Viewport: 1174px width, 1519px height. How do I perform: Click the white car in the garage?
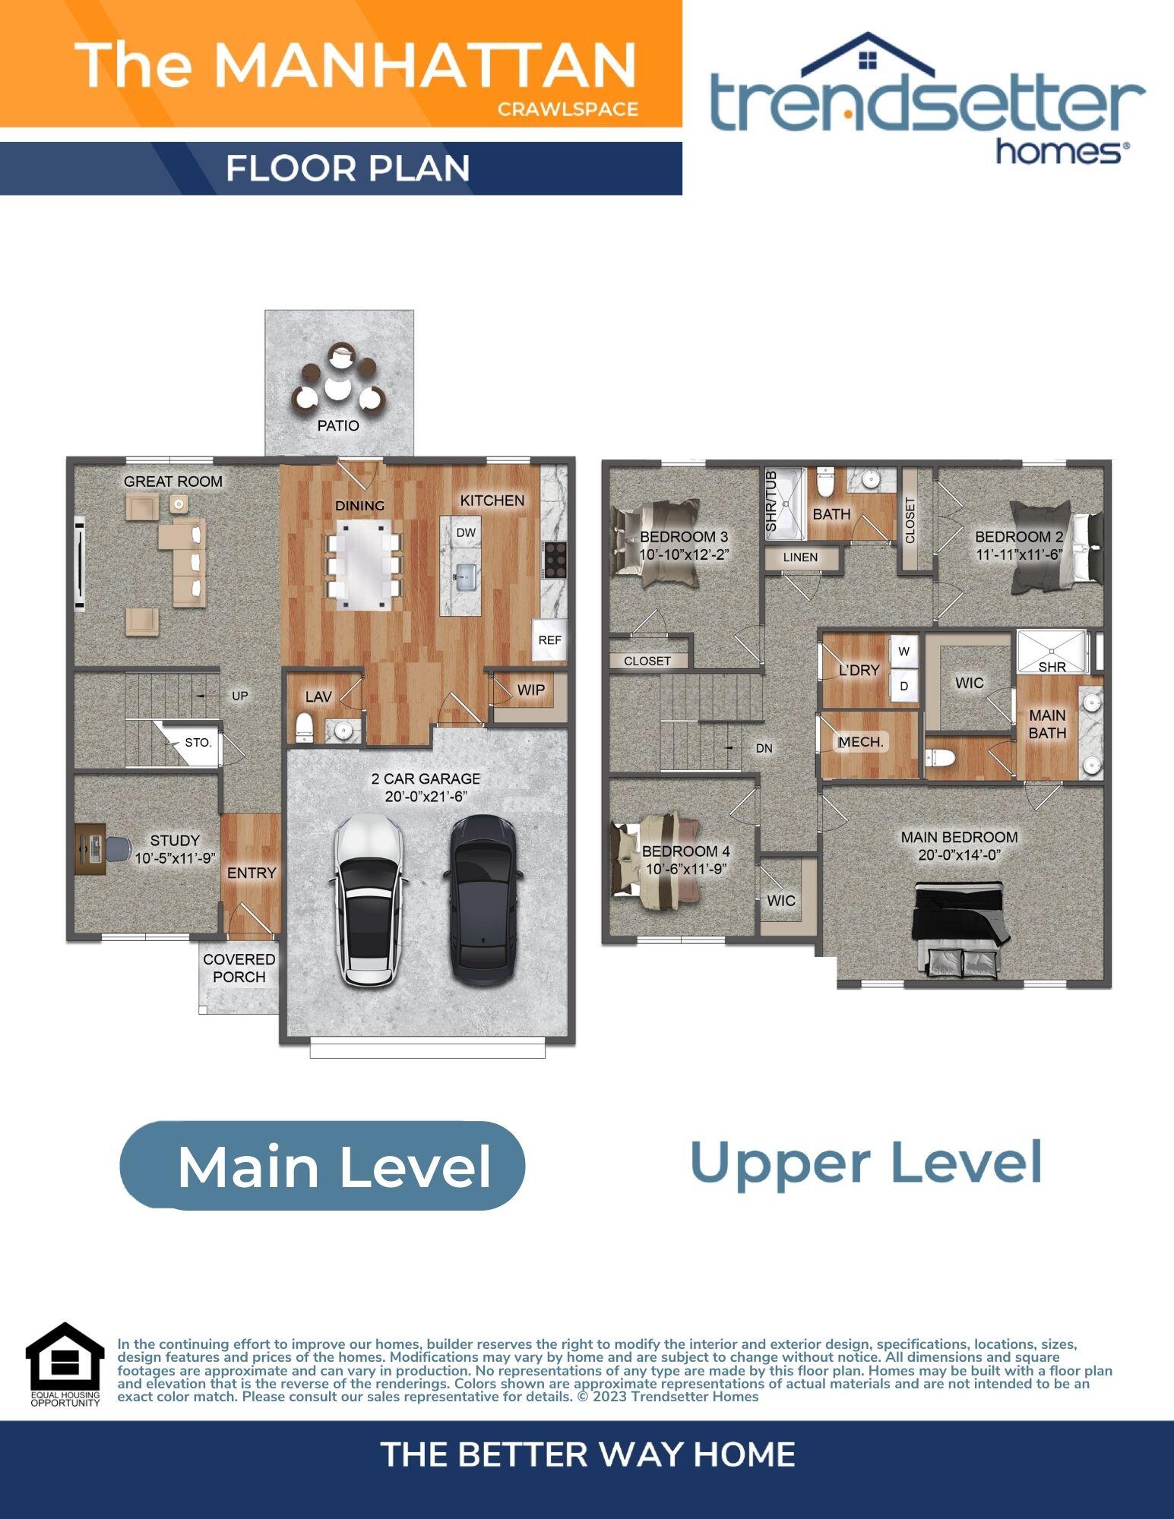tap(367, 900)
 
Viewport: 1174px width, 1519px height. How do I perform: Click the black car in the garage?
tap(483, 900)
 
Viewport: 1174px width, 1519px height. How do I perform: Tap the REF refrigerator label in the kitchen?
tap(549, 639)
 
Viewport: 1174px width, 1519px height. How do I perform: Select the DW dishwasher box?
tap(466, 532)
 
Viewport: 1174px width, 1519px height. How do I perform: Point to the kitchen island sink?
tap(465, 576)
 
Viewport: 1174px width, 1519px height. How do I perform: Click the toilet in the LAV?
tap(304, 727)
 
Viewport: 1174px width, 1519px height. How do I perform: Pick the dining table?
tap(363, 564)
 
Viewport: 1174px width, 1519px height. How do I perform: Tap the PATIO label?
tap(338, 425)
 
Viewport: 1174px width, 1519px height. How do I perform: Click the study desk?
tap(90, 849)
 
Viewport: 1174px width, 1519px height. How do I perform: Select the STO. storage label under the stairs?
tap(198, 742)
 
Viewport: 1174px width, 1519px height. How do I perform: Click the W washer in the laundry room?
tap(904, 651)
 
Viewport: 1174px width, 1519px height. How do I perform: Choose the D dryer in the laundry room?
tap(904, 686)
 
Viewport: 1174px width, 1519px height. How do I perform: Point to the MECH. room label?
tap(861, 741)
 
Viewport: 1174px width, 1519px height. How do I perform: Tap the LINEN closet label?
tap(800, 557)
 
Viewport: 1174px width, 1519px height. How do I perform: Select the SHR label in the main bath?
tap(1052, 666)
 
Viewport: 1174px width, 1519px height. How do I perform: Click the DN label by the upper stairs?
tap(764, 748)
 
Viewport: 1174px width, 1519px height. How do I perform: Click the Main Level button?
tap(323, 1165)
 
